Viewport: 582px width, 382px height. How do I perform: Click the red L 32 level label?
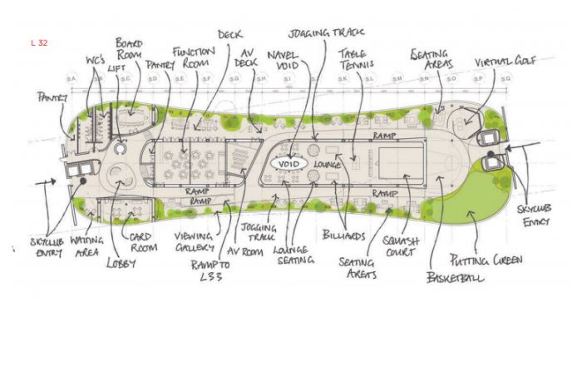coord(38,42)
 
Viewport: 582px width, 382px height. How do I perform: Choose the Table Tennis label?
coord(357,58)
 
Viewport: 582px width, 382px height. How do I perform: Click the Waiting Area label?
coord(86,246)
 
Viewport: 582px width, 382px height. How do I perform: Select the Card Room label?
coord(141,242)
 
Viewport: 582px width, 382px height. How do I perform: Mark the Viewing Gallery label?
coord(193,241)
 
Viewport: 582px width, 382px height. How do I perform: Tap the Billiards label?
coord(343,236)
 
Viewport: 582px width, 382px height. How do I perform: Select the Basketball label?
coord(455,275)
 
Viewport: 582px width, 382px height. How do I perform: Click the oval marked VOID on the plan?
coord(288,164)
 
